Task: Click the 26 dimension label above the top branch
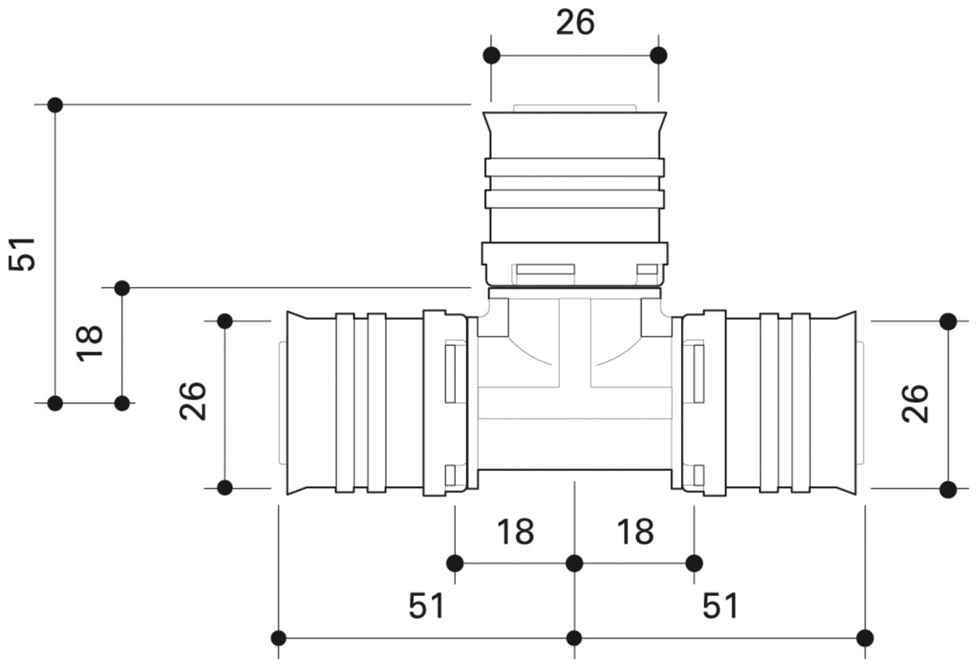point(575,23)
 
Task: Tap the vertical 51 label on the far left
point(22,254)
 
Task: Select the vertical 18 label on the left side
point(90,342)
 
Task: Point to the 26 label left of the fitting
point(192,401)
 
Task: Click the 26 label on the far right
point(915,403)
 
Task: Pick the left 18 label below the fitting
point(515,532)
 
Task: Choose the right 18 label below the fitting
point(635,532)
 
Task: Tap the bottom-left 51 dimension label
point(427,606)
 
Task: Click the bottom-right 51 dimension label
point(720,606)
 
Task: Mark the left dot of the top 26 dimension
point(491,55)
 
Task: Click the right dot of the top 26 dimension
point(658,55)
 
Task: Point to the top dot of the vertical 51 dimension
point(55,105)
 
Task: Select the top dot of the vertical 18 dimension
point(122,288)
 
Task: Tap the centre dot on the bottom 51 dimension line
point(575,638)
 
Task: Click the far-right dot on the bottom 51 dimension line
point(866,638)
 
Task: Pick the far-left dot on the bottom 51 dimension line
point(278,638)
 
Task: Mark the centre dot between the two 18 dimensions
point(575,563)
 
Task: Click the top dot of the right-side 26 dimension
point(948,321)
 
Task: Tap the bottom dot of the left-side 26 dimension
point(225,488)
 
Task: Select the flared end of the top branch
point(575,123)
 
